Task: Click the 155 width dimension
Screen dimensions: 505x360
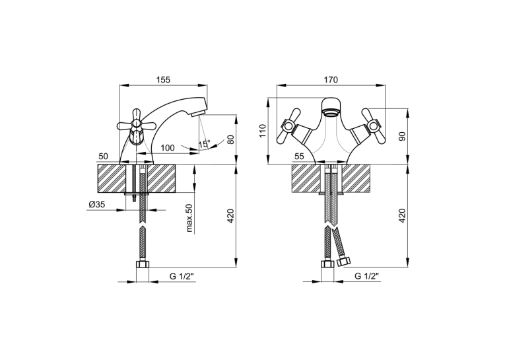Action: click(x=163, y=80)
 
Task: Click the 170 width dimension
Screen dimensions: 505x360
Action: click(x=331, y=80)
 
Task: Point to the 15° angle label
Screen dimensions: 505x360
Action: click(x=204, y=144)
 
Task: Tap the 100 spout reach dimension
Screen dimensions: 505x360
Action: click(x=168, y=148)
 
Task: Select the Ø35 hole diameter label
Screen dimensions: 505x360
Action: click(x=97, y=204)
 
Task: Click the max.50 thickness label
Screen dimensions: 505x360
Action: click(x=189, y=218)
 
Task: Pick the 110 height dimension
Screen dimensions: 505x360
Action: click(x=263, y=131)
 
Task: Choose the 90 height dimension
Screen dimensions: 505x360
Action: click(x=402, y=136)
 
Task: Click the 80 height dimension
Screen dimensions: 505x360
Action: click(x=230, y=139)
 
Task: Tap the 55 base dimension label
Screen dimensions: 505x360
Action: click(x=299, y=157)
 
